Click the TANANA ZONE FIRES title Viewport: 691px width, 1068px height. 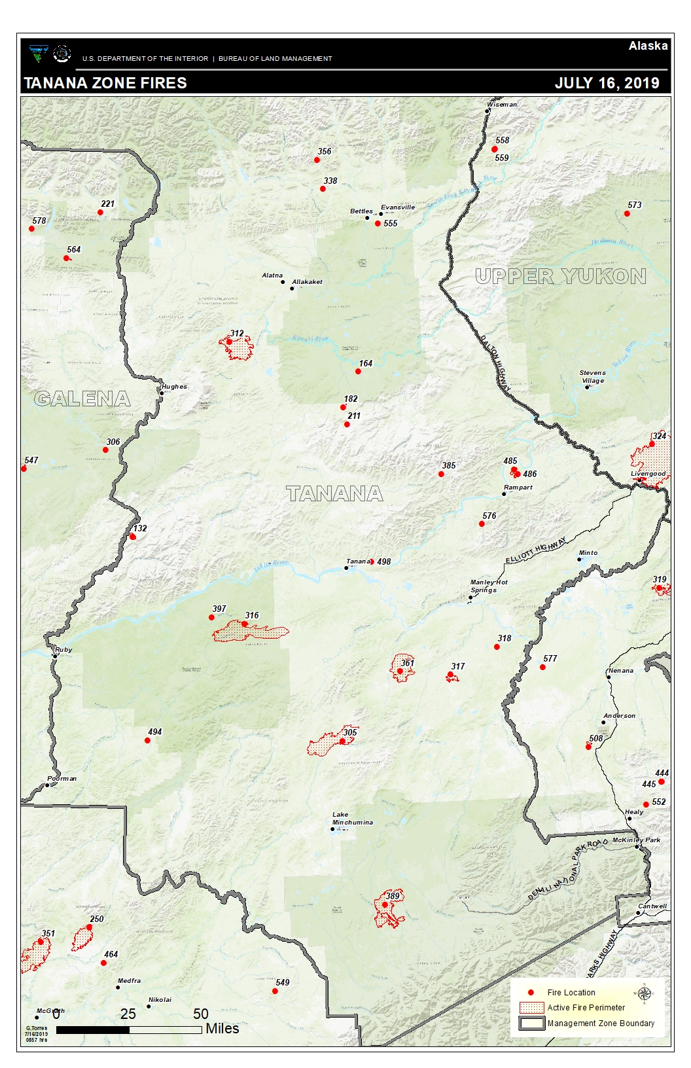tap(105, 83)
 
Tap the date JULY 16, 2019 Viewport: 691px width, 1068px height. tap(607, 83)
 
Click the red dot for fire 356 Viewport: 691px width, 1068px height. tap(317, 160)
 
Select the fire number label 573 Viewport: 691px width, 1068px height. tap(634, 205)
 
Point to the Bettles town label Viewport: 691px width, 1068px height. tap(361, 211)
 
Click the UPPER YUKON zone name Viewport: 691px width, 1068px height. tap(560, 276)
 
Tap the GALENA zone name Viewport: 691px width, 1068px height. tap(82, 399)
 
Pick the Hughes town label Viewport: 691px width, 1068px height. tap(174, 387)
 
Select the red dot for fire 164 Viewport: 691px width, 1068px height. tap(358, 372)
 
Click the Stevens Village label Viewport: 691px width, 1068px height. tap(592, 376)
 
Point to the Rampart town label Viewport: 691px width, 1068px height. tap(518, 488)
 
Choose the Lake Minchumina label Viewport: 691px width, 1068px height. tap(352, 819)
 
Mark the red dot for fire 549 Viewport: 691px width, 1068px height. tap(275, 991)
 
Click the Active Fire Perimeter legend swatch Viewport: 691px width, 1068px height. tap(531, 1008)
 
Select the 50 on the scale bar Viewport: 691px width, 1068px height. tap(201, 1013)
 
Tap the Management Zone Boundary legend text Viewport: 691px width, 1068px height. tap(600, 1023)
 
